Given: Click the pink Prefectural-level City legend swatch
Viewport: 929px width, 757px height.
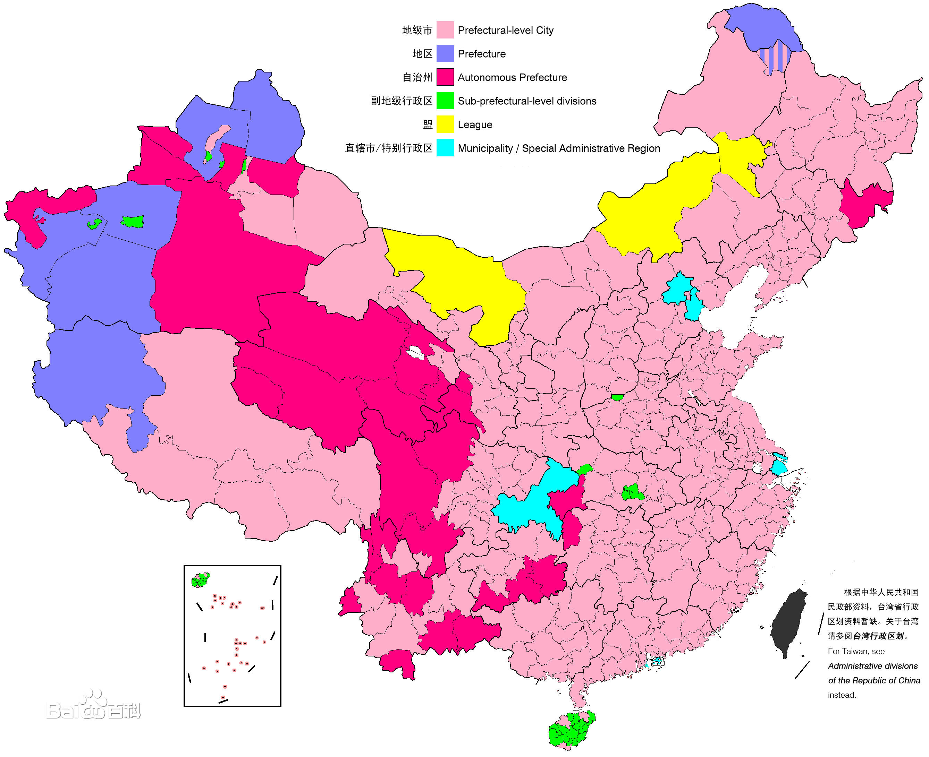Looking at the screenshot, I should pyautogui.click(x=445, y=30).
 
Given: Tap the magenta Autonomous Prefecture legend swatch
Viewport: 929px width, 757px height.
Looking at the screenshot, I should pyautogui.click(x=445, y=77).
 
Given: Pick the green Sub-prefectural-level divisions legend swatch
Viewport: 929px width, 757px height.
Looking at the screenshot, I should pyautogui.click(x=445, y=101).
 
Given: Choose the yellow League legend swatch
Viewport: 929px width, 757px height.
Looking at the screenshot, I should pyautogui.click(x=445, y=124).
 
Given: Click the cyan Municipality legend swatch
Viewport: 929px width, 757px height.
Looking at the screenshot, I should pyautogui.click(x=445, y=148).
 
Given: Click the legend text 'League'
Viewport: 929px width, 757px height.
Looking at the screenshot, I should pyautogui.click(x=475, y=125).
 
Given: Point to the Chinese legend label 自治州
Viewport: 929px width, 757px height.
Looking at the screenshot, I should pyautogui.click(x=417, y=78).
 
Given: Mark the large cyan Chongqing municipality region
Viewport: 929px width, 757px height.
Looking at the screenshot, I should pyautogui.click(x=530, y=506).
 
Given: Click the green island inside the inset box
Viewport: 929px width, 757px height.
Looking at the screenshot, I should pyautogui.click(x=200, y=580).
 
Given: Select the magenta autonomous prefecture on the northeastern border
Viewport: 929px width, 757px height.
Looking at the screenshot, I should pyautogui.click(x=862, y=205).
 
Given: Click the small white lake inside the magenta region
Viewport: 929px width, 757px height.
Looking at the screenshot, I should pyautogui.click(x=415, y=352).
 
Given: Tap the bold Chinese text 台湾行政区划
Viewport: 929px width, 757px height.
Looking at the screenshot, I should pyautogui.click(x=878, y=636).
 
